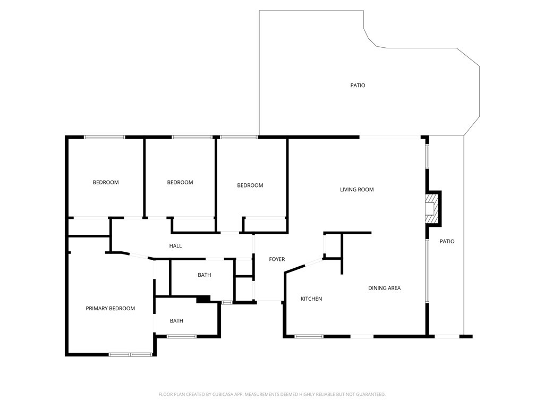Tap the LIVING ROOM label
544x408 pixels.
click(357, 190)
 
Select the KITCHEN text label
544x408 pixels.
click(311, 299)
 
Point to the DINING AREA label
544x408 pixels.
click(384, 288)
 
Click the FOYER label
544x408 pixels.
click(277, 259)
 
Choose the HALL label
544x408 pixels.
click(175, 246)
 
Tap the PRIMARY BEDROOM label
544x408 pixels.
click(110, 309)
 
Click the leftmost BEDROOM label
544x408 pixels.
click(106, 183)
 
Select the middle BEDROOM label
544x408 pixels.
click(180, 183)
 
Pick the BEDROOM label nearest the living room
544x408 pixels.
click(250, 185)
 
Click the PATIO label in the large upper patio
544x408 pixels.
click(358, 86)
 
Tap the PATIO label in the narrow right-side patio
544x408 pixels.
click(447, 242)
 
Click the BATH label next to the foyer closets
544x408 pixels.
click(205, 275)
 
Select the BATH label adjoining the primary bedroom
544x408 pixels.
click(176, 321)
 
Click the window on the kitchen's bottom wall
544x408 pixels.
click(309, 336)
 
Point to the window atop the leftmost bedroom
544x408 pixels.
click(105, 137)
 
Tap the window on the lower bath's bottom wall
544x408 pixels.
click(182, 336)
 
